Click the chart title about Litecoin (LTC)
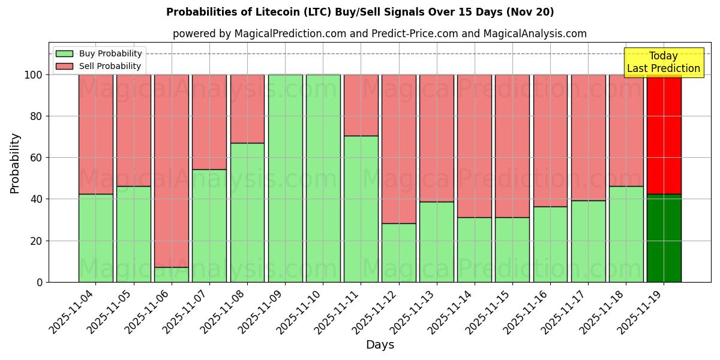coord(360,12)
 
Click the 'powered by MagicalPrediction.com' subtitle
coord(379,34)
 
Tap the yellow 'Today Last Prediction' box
coord(663,62)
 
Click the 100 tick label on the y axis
coord(34,75)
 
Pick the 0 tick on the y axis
coord(40,282)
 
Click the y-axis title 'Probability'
coord(15,163)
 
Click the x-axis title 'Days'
coord(380,345)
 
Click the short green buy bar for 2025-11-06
coord(172,275)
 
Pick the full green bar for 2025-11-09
coord(285,178)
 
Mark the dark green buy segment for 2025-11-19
coord(664,238)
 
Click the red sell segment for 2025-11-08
coord(247,109)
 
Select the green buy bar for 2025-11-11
coord(361,209)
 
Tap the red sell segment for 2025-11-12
coord(399,149)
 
